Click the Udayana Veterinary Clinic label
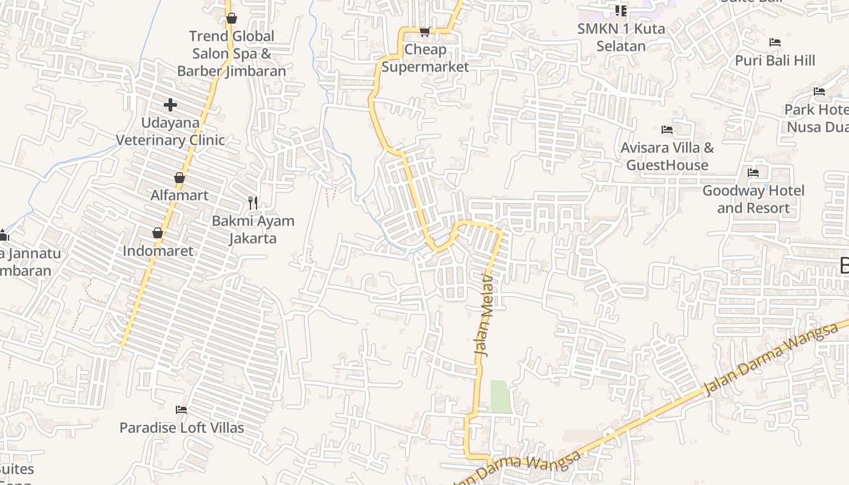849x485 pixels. [x=170, y=131]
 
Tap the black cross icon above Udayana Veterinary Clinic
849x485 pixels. [x=170, y=105]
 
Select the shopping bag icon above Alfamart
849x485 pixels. [x=180, y=178]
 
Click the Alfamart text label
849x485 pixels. [x=180, y=195]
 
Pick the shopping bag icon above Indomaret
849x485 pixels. [x=158, y=233]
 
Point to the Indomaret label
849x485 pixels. [x=158, y=250]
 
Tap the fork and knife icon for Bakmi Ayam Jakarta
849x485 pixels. [x=253, y=202]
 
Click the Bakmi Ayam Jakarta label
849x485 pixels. [x=253, y=229]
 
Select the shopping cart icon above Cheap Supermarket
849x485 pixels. [x=424, y=32]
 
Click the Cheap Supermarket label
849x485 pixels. [x=425, y=58]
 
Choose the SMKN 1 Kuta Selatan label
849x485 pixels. [x=621, y=37]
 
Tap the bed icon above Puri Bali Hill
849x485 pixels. [x=774, y=42]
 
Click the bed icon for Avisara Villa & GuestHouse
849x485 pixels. [x=667, y=130]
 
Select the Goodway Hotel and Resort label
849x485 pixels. [x=753, y=199]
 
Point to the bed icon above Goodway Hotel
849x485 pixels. [x=753, y=173]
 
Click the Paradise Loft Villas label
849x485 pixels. [x=181, y=427]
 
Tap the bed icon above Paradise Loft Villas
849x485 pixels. [x=181, y=410]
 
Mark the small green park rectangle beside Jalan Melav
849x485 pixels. [x=501, y=396]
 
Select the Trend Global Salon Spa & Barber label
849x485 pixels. [x=232, y=53]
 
